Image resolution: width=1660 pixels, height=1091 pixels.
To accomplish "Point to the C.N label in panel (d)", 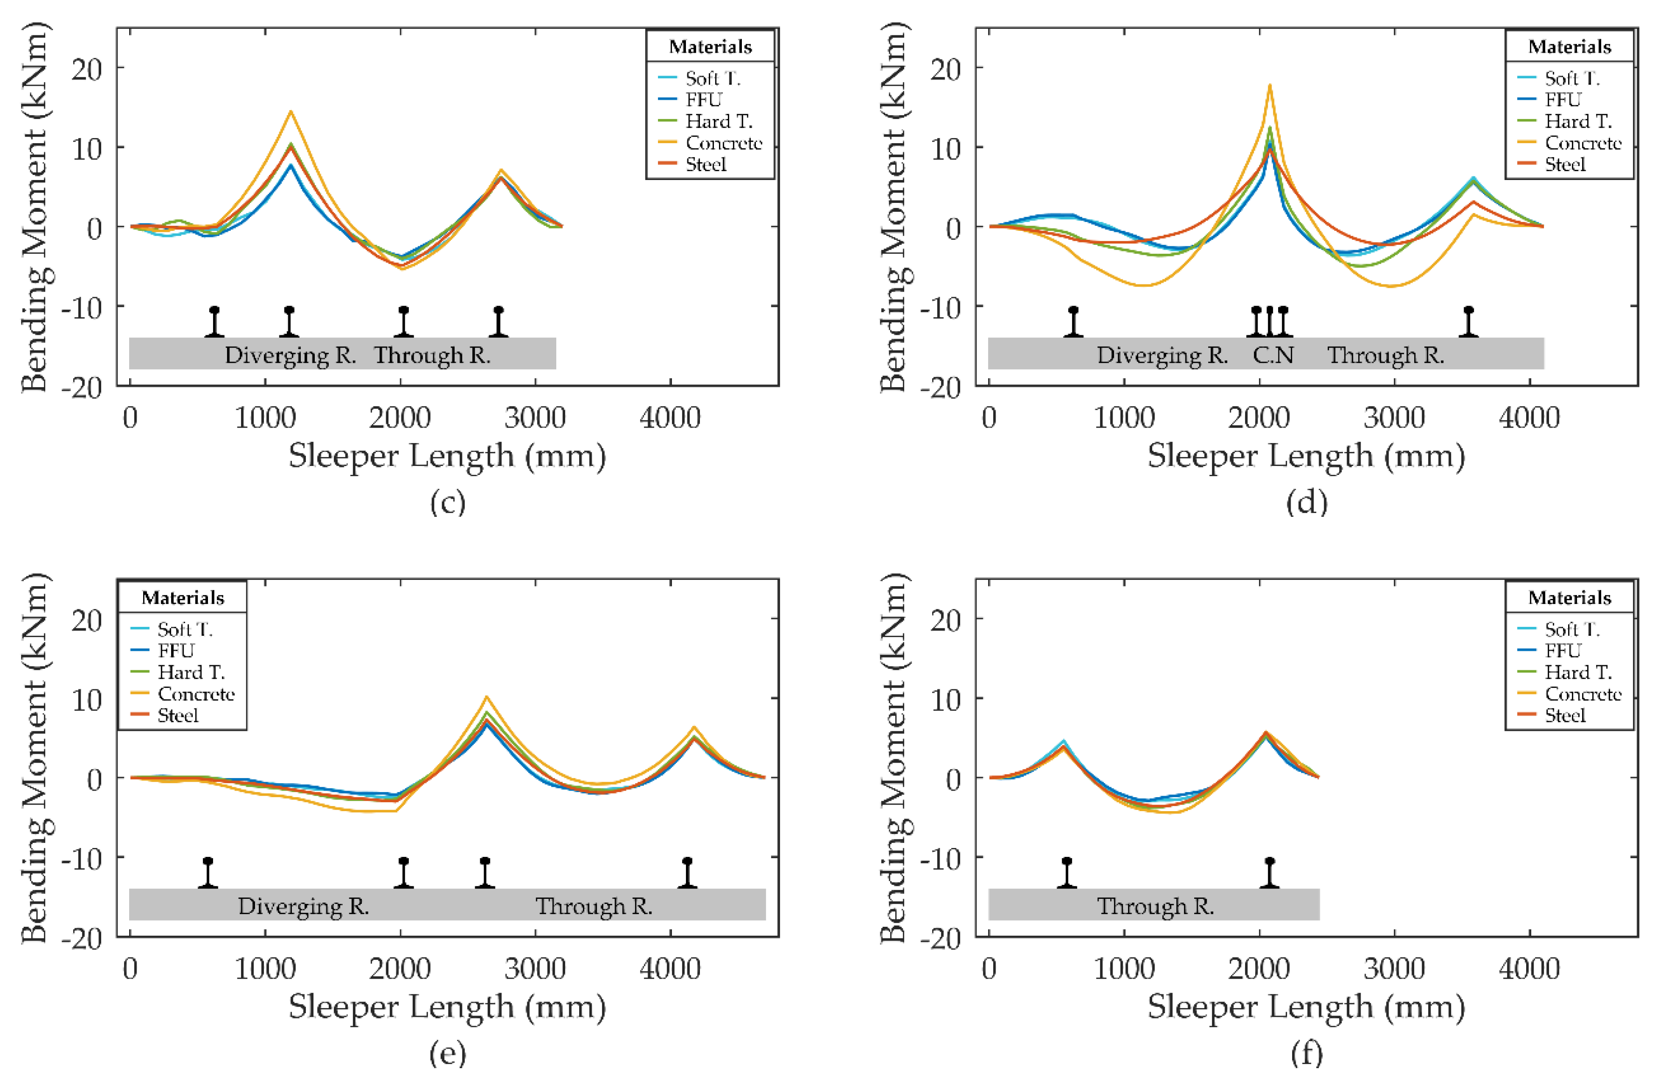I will tap(1273, 355).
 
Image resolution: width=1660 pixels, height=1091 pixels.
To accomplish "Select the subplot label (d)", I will tap(1307, 502).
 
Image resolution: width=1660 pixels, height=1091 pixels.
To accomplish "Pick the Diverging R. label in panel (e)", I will tap(304, 906).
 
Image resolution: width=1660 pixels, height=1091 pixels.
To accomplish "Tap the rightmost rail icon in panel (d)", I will tap(1468, 322).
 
